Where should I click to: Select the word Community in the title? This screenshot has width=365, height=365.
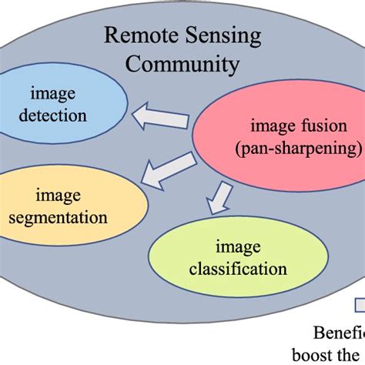tap(182, 64)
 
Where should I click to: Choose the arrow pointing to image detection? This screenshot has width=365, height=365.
tap(159, 118)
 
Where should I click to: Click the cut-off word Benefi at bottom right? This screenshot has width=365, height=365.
tap(339, 333)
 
